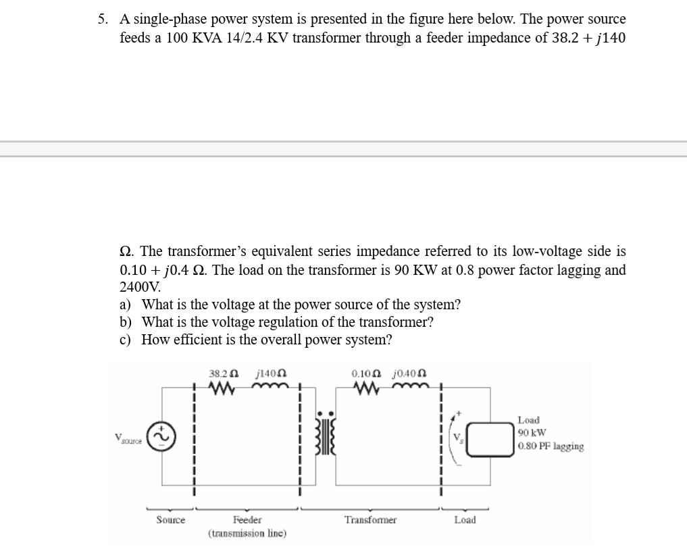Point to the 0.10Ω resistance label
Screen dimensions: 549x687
tap(366, 373)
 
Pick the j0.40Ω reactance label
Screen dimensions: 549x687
tap(409, 373)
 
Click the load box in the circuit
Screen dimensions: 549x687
tap(490, 437)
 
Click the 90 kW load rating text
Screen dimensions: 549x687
tap(532, 433)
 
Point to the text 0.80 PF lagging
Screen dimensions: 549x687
tap(551, 446)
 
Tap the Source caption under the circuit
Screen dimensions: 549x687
tap(170, 520)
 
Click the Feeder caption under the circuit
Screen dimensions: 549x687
tap(247, 520)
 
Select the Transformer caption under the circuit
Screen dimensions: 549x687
tap(370, 520)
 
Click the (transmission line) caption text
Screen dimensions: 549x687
tap(247, 533)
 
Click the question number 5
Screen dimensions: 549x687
tap(102, 19)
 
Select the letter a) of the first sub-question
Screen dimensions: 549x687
tap(126, 305)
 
